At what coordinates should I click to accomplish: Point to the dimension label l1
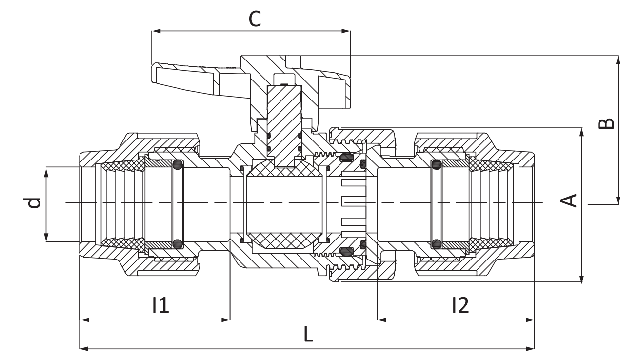(160, 305)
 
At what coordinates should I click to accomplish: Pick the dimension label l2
(460, 305)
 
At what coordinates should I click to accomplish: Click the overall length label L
(308, 334)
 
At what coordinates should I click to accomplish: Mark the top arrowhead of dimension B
(619, 60)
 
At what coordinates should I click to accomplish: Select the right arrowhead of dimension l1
(226, 320)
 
